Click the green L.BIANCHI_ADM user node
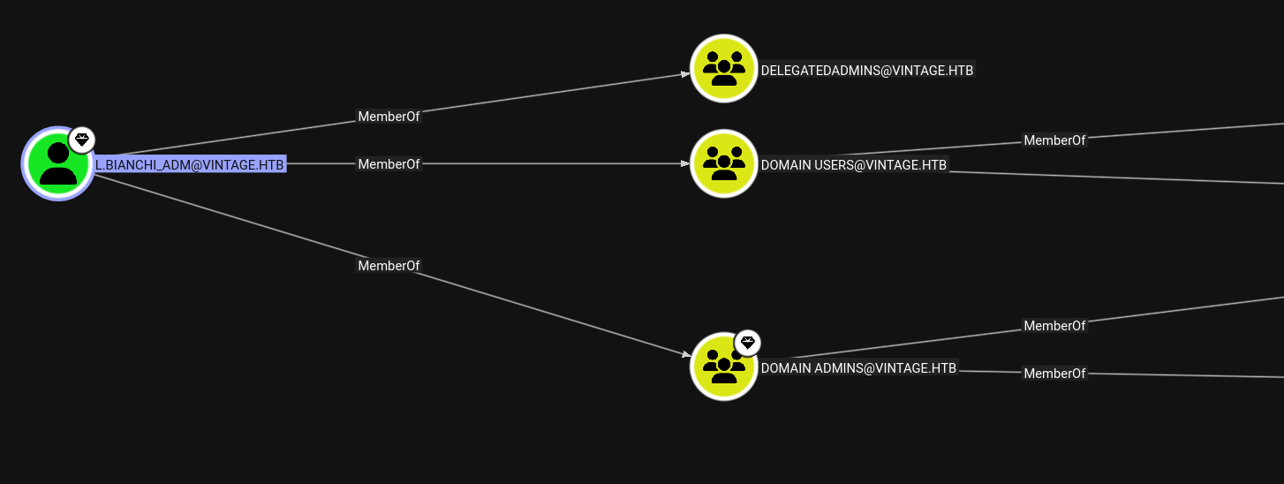[58, 164]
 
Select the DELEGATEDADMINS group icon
[724, 69]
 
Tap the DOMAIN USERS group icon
[724, 164]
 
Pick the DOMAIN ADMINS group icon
[724, 367]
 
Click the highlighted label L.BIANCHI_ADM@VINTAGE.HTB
[190, 165]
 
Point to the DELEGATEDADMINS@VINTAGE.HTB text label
[866, 71]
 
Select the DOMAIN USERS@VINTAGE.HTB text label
[854, 165]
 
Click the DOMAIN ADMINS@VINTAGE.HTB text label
[858, 368]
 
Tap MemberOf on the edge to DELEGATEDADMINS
[389, 117]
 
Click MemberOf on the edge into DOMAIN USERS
[389, 164]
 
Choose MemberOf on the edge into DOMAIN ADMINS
[389, 266]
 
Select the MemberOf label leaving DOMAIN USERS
[1054, 140]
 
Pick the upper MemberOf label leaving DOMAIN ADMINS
[1054, 326]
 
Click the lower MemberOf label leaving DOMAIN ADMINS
[1054, 374]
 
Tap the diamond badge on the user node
[82, 140]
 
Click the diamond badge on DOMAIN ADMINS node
[747, 343]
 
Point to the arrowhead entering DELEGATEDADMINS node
[685, 74]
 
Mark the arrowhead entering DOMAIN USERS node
[685, 164]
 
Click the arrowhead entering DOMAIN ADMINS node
[686, 354]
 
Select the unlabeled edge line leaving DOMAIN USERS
[1116, 178]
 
